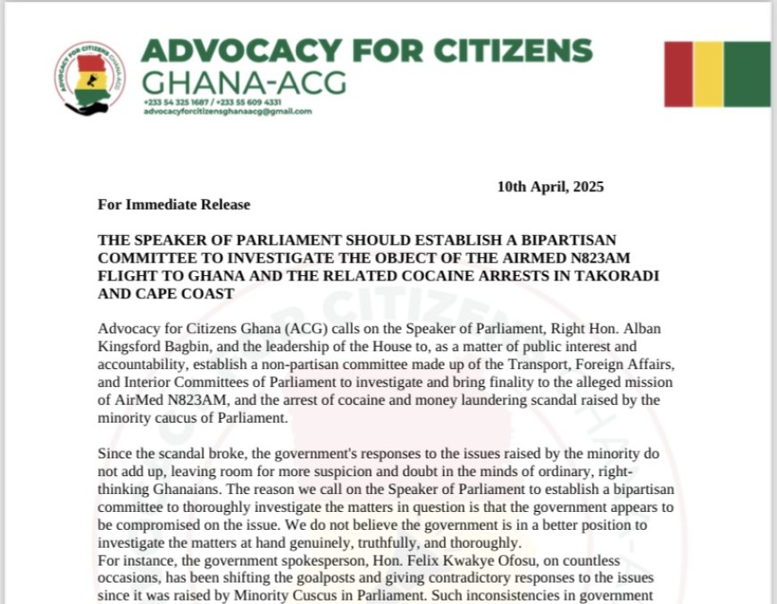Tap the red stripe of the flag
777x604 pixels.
[x=678, y=74]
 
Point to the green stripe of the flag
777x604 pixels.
[x=747, y=74]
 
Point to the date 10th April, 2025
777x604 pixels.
[x=550, y=187]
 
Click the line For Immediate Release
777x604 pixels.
[x=174, y=205]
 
